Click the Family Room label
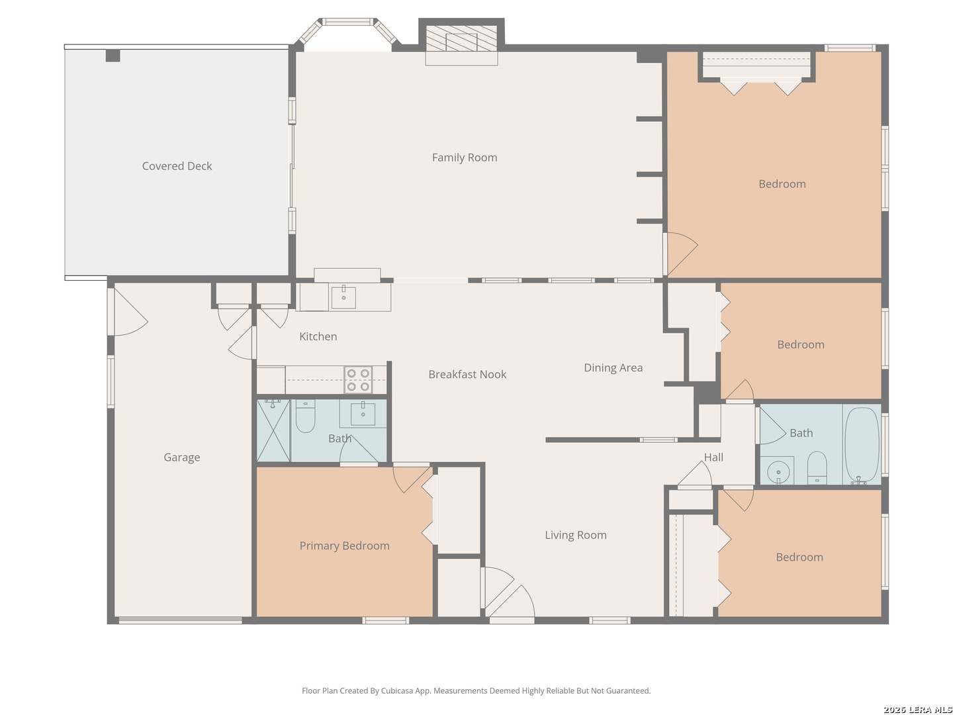(x=464, y=158)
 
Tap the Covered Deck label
(x=177, y=166)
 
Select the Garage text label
(x=181, y=457)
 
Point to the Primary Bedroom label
(x=344, y=546)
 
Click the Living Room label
(x=576, y=536)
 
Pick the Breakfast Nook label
(x=467, y=374)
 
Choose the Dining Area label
(x=613, y=367)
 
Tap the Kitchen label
(x=318, y=336)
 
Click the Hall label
(x=713, y=457)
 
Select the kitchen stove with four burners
(x=358, y=380)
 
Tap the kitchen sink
(x=343, y=297)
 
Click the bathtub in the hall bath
(x=862, y=444)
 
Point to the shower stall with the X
(x=273, y=430)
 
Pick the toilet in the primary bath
(x=305, y=417)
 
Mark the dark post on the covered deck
(x=113, y=56)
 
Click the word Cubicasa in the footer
(x=397, y=691)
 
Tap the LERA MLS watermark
(x=917, y=709)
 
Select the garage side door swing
(x=130, y=312)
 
